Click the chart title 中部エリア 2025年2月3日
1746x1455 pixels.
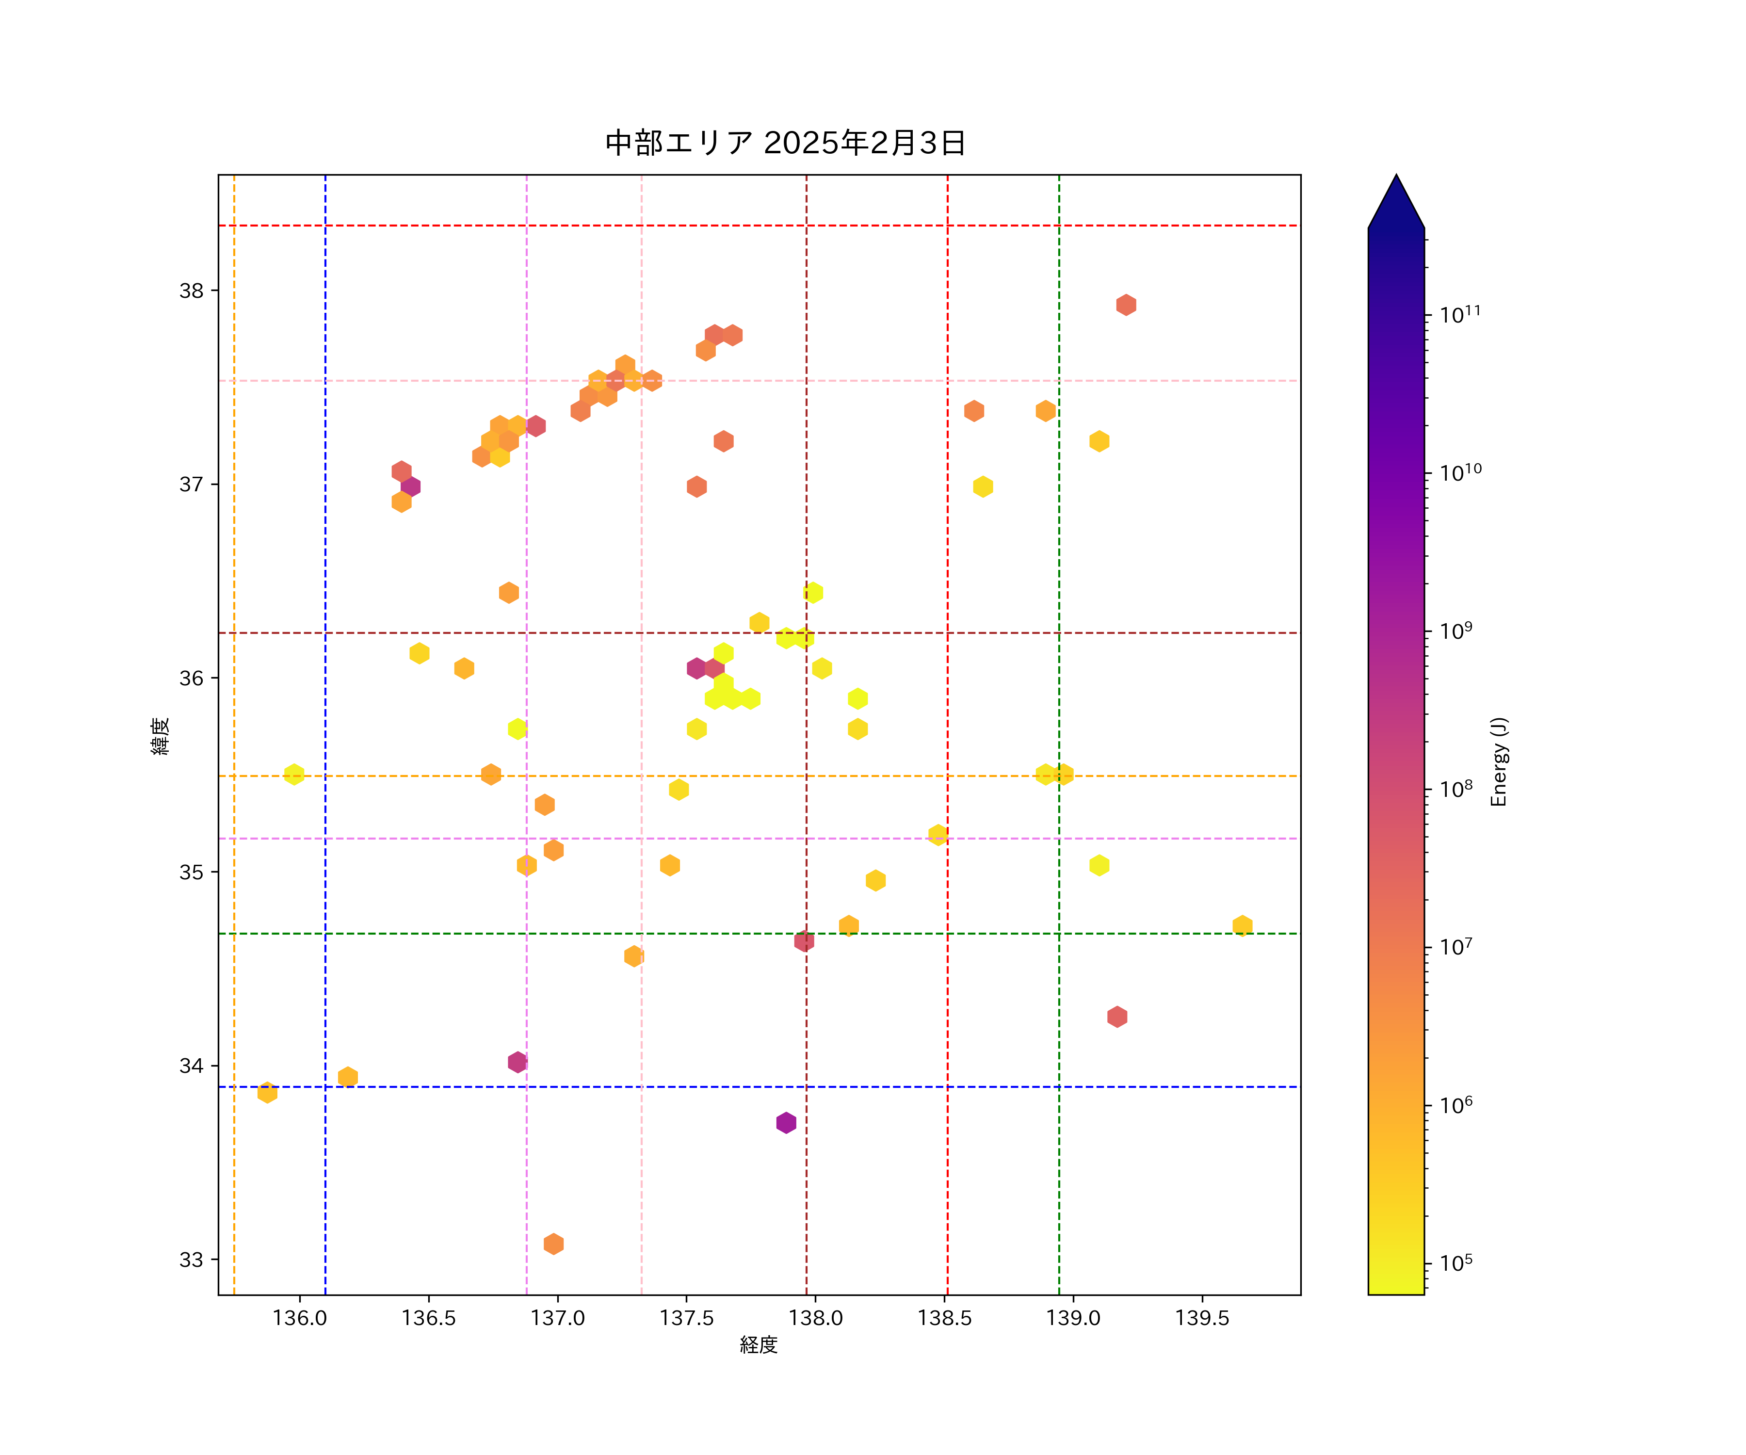[785, 143]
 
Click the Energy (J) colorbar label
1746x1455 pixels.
[1499, 761]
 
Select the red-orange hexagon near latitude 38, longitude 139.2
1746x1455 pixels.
[1126, 305]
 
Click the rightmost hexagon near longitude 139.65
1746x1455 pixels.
[1242, 925]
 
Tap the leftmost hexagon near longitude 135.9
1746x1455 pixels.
[267, 1093]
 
